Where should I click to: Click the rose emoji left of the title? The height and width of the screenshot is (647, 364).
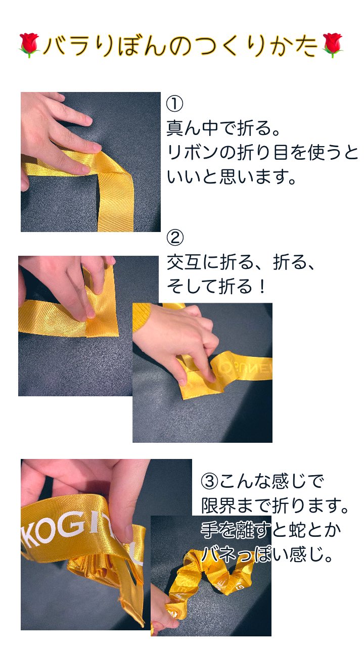tap(29, 45)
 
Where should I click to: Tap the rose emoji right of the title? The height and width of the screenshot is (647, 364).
tap(333, 45)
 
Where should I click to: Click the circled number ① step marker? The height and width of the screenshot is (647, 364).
tap(174, 104)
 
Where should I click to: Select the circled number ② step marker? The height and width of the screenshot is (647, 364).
tap(174, 238)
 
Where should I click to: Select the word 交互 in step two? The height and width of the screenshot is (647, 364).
tap(184, 262)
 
